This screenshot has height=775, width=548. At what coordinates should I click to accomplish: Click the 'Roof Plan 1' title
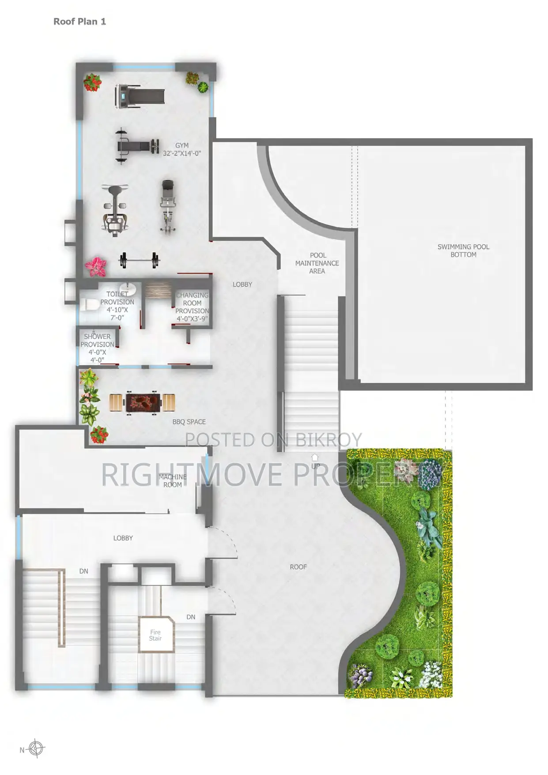tap(79, 21)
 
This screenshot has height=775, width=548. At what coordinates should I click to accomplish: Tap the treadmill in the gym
tap(140, 96)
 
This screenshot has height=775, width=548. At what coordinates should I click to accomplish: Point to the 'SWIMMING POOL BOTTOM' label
tap(463, 250)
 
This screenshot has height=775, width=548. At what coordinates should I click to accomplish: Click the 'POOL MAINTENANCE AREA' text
tap(317, 263)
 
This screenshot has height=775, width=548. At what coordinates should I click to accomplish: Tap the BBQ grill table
tap(142, 402)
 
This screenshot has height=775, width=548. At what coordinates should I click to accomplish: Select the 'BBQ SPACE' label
tap(189, 422)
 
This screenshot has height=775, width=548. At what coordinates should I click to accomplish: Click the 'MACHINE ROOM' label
tap(173, 480)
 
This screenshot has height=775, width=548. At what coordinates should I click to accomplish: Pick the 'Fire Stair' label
tap(155, 635)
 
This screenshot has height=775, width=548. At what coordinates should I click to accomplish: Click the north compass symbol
tap(36, 749)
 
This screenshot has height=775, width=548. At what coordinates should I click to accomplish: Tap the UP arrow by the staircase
tap(315, 457)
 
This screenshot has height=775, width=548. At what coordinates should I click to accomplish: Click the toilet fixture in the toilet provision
tap(91, 305)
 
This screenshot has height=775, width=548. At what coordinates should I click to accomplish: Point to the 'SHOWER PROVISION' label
tap(97, 340)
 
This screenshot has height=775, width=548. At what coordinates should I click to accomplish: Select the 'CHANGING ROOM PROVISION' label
tap(192, 303)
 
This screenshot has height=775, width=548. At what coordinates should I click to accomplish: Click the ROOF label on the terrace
tap(298, 567)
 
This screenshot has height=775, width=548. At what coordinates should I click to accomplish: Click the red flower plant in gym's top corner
tap(92, 83)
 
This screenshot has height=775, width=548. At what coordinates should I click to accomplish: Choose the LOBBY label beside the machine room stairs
tap(123, 538)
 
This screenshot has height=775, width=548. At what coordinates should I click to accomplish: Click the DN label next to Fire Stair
tap(191, 617)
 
